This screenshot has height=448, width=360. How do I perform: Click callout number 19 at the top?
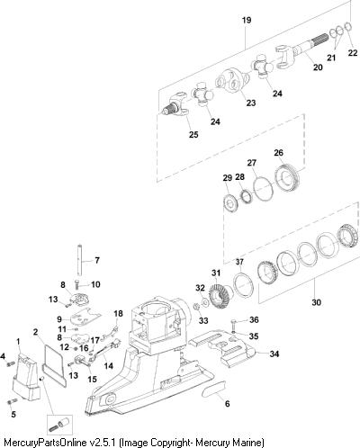coord(247,20)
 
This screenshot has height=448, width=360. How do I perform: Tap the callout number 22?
coord(353,53)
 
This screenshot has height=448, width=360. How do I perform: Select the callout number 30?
coord(316,302)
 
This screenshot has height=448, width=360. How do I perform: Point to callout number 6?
coord(227,404)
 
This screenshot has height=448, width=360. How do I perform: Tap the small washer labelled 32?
coord(206,300)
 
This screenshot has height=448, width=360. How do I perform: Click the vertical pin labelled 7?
coord(79,260)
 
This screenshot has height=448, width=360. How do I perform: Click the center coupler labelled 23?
coord(232,80)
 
